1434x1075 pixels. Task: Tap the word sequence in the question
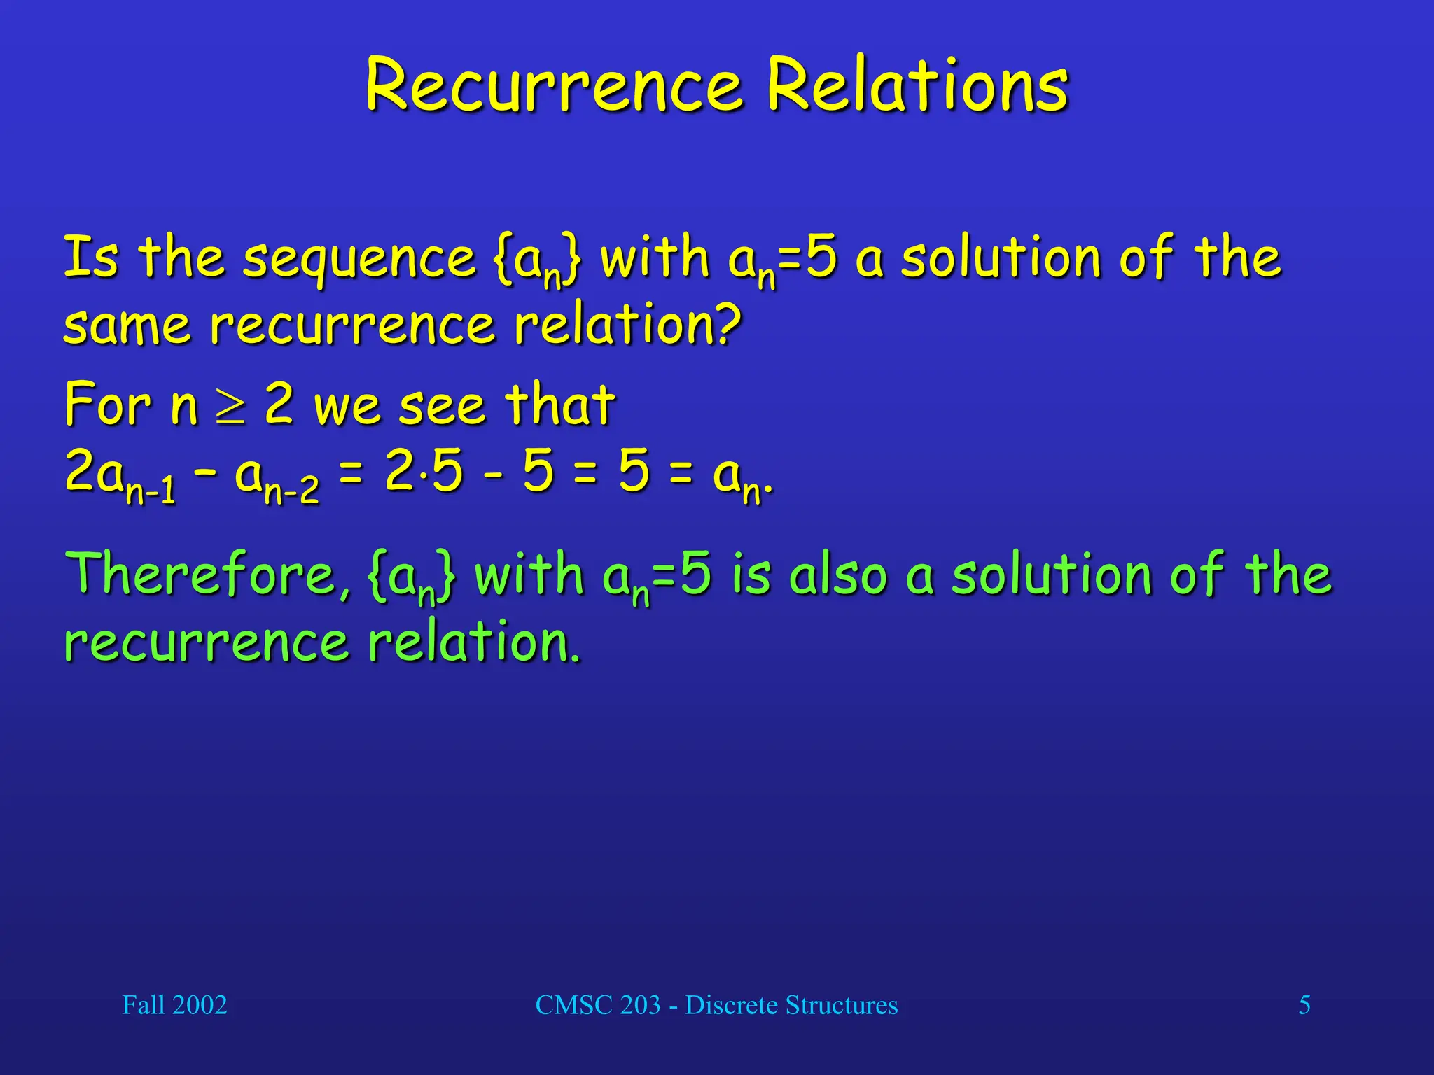pyautogui.click(x=359, y=259)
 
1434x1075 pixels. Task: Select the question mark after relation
pyautogui.click(x=729, y=323)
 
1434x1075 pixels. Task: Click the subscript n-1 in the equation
pyautogui.click(x=151, y=490)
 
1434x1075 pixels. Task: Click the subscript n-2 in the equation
pyautogui.click(x=292, y=490)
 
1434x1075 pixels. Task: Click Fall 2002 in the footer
pyautogui.click(x=174, y=1005)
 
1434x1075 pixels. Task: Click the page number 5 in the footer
pyautogui.click(x=1304, y=1005)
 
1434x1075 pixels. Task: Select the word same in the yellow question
pyautogui.click(x=127, y=326)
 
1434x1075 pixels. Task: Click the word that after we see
pyautogui.click(x=559, y=405)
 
